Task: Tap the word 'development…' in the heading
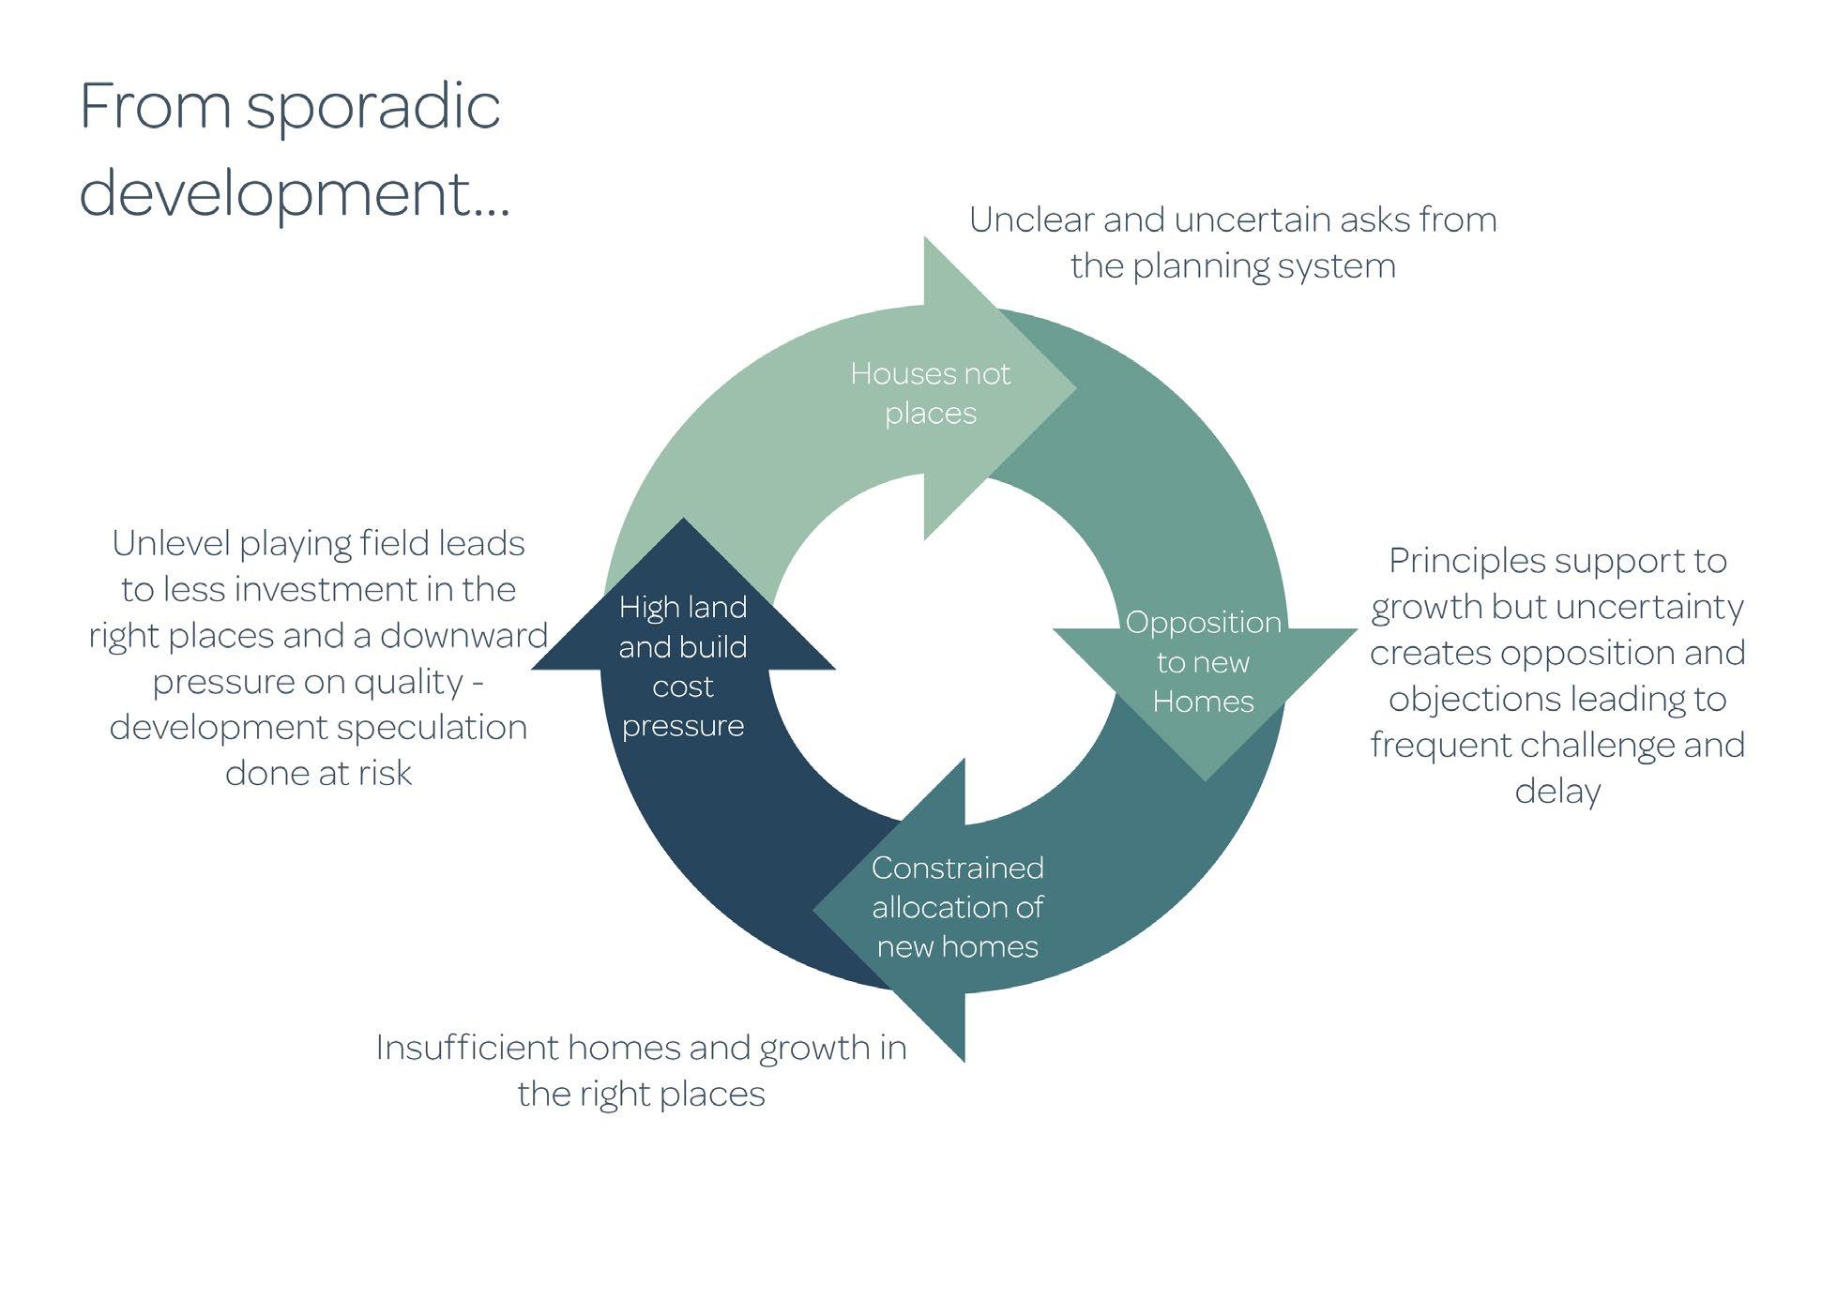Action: (295, 193)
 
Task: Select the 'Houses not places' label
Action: (930, 393)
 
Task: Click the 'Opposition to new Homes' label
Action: (1203, 661)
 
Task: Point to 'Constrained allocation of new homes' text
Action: (957, 907)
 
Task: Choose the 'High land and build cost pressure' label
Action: (683, 666)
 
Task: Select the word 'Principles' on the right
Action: (1469, 562)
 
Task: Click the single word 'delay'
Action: (1557, 791)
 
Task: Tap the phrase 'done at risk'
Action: (318, 773)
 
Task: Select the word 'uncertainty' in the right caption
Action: (1658, 608)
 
